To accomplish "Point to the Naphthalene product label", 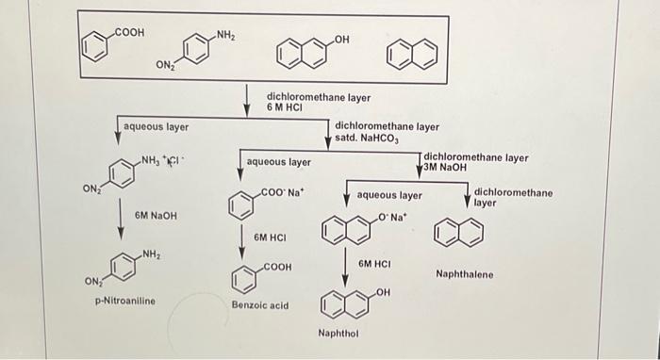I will coord(464,274).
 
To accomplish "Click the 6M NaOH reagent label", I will coord(155,216).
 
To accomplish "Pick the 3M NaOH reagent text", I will coord(445,168).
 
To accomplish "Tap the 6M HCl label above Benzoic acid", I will coord(271,237).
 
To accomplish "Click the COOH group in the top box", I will coord(128,32).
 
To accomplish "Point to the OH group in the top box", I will coord(340,38).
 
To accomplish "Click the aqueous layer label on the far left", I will coord(156,126).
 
